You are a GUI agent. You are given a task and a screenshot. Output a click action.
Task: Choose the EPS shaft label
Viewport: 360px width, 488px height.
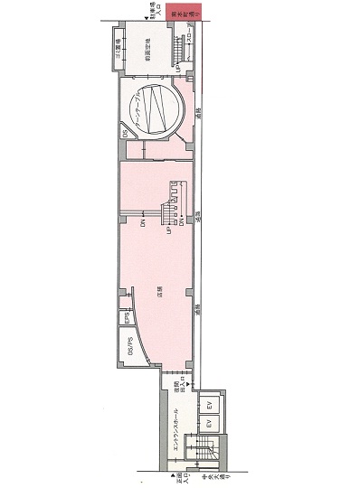coord(128,318)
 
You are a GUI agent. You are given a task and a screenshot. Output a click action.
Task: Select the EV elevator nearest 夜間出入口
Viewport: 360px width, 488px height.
coord(208,404)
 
